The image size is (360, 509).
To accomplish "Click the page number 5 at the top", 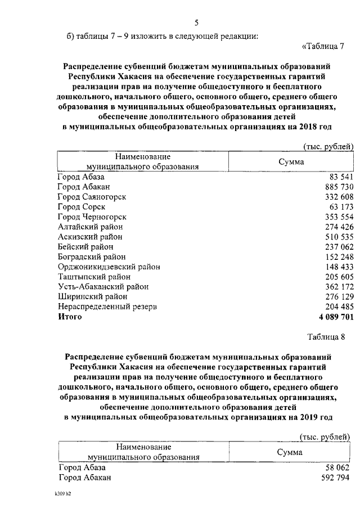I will (197, 23).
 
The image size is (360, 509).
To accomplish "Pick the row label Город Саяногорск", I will (92, 197).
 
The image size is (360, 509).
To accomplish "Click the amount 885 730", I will (335, 187).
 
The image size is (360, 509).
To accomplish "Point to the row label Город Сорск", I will (82, 207).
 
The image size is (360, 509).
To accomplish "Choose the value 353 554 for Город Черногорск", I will (335, 217).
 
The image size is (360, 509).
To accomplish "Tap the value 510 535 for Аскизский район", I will (335, 237).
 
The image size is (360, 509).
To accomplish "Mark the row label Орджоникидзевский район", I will (109, 267).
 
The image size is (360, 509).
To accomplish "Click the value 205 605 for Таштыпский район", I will (335, 277).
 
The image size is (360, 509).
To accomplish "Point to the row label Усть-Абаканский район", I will (103, 286).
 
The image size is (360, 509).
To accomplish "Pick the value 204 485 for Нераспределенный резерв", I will (335, 307).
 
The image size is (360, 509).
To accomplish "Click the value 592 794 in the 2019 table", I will (335, 478).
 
